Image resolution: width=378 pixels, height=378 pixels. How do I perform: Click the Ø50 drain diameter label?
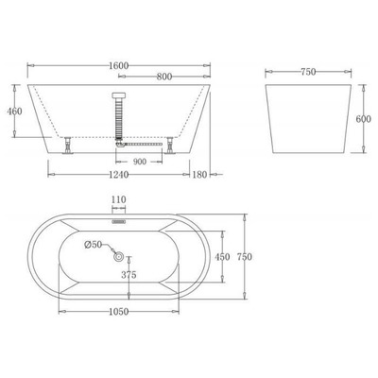(x=93, y=244)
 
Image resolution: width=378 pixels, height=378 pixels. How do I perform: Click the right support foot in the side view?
(x=169, y=146)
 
